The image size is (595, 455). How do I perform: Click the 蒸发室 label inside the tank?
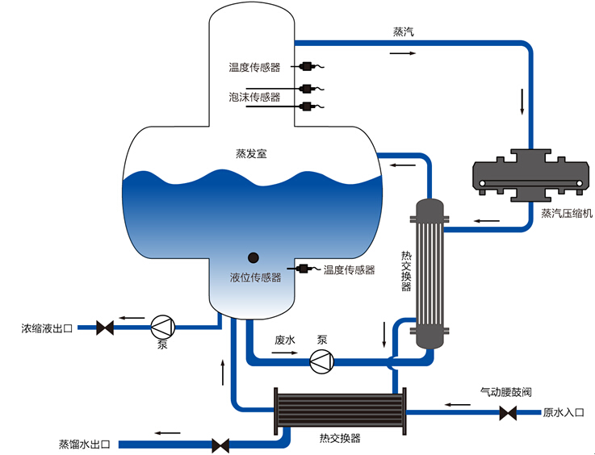point(251,152)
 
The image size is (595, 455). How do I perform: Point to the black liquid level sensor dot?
point(253,257)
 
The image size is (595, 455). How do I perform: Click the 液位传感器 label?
point(255,278)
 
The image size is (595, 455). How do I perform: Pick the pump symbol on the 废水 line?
point(321,363)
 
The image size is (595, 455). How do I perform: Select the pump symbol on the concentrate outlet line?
point(162,327)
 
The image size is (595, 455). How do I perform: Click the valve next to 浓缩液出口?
point(104,328)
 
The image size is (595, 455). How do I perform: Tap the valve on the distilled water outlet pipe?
point(220,445)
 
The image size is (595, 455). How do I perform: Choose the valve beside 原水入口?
point(508,414)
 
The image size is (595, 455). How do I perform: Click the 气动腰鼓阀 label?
point(505,392)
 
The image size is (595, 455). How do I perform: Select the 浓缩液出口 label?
point(47,328)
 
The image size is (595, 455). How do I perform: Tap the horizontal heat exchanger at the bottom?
point(338,409)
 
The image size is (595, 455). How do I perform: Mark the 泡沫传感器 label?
point(254,98)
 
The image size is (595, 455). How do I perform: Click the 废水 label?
point(286,340)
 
